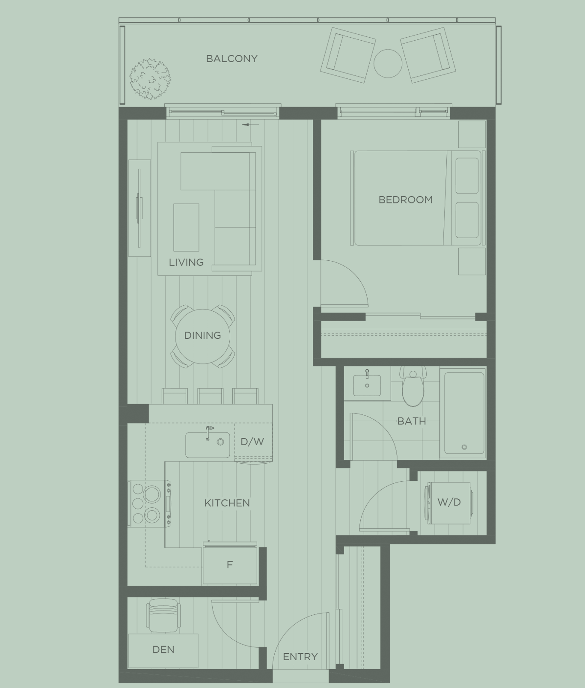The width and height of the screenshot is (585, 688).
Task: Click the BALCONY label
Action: coord(232,59)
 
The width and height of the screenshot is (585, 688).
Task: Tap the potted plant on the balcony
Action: coord(150,79)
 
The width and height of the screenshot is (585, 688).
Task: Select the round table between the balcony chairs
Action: coord(388,63)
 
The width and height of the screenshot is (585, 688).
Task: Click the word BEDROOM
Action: coord(405,200)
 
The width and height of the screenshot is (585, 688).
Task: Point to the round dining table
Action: coord(202,336)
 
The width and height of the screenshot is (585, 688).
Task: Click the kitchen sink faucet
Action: coord(208,432)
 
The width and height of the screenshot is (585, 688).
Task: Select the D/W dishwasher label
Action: coord(252,441)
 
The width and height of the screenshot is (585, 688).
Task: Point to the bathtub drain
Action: coord(464,447)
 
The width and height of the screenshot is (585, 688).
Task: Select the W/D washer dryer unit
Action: coord(449,502)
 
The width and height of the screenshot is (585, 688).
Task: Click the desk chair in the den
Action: coord(163,616)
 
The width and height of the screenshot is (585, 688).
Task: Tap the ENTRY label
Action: coord(300,656)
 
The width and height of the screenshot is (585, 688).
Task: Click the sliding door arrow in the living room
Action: coord(251,125)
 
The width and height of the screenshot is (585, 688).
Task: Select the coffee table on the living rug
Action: coord(186,227)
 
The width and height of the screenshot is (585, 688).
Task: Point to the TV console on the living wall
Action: coord(140,208)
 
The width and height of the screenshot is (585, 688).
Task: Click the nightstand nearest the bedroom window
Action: coord(472,134)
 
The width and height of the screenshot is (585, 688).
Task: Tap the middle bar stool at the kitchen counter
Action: coord(210,396)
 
